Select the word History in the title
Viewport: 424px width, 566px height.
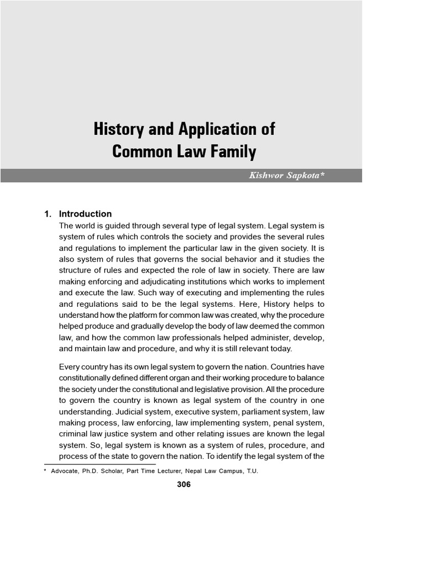click(x=118, y=130)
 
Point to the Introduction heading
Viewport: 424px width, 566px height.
click(x=85, y=214)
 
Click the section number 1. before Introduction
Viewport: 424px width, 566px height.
click(x=48, y=214)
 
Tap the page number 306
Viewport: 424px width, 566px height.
click(x=183, y=485)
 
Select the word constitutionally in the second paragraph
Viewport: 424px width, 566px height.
click(x=90, y=378)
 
